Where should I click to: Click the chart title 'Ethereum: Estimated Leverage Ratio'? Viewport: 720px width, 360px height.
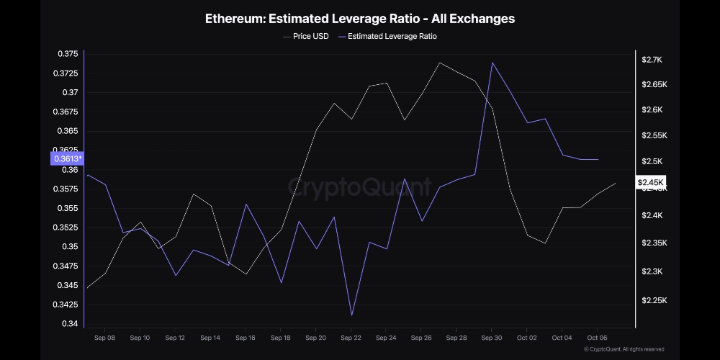coord(360,19)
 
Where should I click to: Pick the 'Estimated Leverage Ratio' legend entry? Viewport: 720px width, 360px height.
coord(392,36)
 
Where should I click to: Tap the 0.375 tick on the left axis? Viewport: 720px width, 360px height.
coord(68,54)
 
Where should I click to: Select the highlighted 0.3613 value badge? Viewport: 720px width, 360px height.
coord(66,159)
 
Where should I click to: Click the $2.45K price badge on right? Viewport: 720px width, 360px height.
coord(650,183)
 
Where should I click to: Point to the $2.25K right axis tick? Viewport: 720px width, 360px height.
coord(654,300)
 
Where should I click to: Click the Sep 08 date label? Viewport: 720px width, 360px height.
coord(105,337)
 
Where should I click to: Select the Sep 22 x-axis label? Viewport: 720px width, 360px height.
coord(351,337)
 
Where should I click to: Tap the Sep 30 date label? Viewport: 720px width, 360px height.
coord(492,337)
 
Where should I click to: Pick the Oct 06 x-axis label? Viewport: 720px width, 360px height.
coord(597,337)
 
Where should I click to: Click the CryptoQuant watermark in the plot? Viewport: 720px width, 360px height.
coord(360,188)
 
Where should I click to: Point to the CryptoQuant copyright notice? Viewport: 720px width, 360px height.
coord(624,349)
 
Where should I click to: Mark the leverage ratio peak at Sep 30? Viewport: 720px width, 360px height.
coord(492,63)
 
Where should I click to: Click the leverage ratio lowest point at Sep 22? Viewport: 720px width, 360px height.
coord(351,315)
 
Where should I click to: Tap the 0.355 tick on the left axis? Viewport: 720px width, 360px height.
coord(68,208)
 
